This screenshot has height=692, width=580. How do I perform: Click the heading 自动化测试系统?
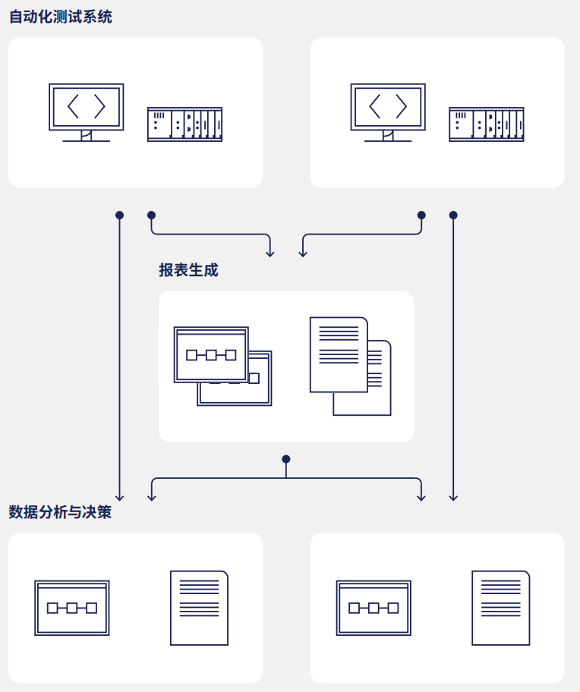61,17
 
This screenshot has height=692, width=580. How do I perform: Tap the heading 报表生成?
188,270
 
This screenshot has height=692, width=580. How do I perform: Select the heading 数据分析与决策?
61,512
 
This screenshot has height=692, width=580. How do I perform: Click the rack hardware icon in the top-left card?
184,124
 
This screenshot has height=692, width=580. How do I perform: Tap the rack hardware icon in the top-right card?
487,124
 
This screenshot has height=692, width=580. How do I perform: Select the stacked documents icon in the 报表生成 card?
350,366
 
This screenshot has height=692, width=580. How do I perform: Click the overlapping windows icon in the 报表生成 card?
222,366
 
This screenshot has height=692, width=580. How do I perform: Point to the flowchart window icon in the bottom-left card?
72,608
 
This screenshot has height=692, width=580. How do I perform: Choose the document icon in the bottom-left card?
199,608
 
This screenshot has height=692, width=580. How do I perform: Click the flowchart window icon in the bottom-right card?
374,608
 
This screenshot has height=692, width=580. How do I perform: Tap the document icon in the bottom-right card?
500,608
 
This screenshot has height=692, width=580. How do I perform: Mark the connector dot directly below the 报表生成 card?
286,459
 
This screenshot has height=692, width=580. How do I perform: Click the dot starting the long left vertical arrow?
119,215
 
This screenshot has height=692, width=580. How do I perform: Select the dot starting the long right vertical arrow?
453,215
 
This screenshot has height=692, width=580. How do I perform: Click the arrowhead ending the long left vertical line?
119,497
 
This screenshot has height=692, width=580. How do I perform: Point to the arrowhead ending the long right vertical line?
453,497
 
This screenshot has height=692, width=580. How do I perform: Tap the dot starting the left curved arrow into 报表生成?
151,215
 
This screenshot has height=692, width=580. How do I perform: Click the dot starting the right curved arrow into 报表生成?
421,215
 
